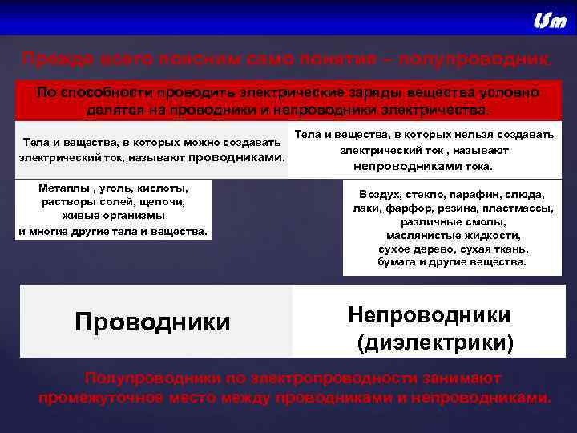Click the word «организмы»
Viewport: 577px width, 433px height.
click(x=133, y=216)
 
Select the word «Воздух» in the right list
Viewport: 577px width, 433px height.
click(x=384, y=195)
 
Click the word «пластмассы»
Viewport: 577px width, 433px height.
click(x=518, y=208)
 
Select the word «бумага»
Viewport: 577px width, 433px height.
click(x=400, y=262)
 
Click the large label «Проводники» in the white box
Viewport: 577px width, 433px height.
click(x=152, y=322)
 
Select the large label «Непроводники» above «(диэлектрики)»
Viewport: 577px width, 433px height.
click(x=430, y=314)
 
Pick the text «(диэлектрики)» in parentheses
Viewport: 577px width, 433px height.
click(x=435, y=343)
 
